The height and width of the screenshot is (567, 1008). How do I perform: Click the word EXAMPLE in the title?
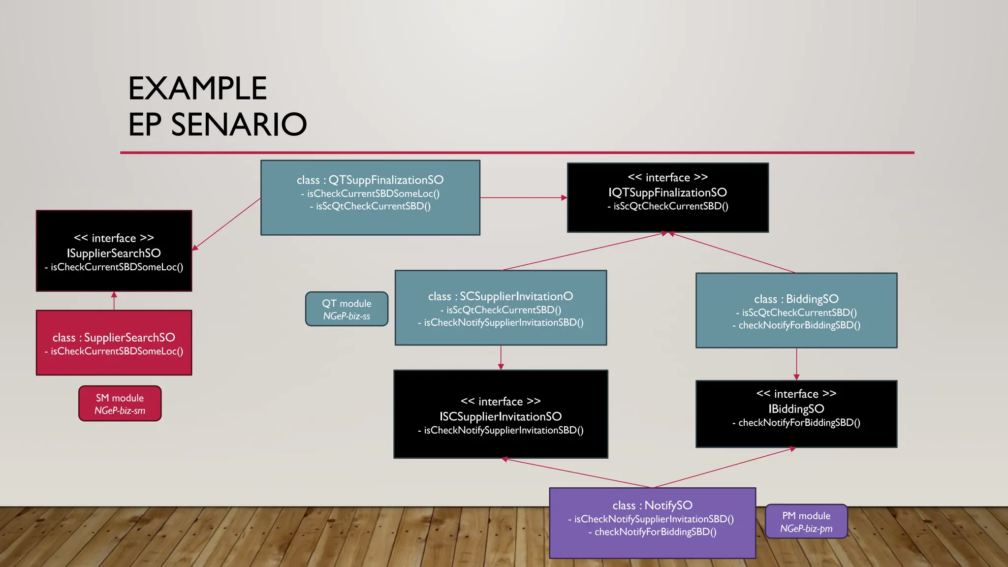coord(197,89)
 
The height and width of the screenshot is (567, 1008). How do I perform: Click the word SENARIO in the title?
coord(239,124)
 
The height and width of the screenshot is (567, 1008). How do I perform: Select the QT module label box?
coord(346,309)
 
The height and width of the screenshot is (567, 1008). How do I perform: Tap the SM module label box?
coord(120,404)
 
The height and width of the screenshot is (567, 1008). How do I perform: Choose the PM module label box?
coord(806,522)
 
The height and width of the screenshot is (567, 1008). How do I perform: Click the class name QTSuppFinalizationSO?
coord(385,180)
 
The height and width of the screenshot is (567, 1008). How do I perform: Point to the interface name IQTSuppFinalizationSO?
coord(667,192)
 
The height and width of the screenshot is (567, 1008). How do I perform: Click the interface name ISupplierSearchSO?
coord(114,253)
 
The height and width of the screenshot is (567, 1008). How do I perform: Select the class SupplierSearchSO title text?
coord(129,338)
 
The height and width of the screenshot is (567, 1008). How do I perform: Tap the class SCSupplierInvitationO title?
coord(516,296)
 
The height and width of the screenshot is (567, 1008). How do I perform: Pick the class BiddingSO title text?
coord(812,299)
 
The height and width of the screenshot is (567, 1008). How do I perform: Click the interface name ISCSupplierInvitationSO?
coord(501,416)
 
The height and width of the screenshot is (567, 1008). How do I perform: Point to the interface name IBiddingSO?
coord(796,409)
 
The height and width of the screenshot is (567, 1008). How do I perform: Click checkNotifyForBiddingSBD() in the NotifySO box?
coord(655,532)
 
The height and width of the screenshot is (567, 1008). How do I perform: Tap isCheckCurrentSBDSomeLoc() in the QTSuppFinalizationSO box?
coord(373,194)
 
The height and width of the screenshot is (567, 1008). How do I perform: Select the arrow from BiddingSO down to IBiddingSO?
coord(796,364)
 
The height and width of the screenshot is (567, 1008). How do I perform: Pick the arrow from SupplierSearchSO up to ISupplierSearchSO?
coord(114,301)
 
